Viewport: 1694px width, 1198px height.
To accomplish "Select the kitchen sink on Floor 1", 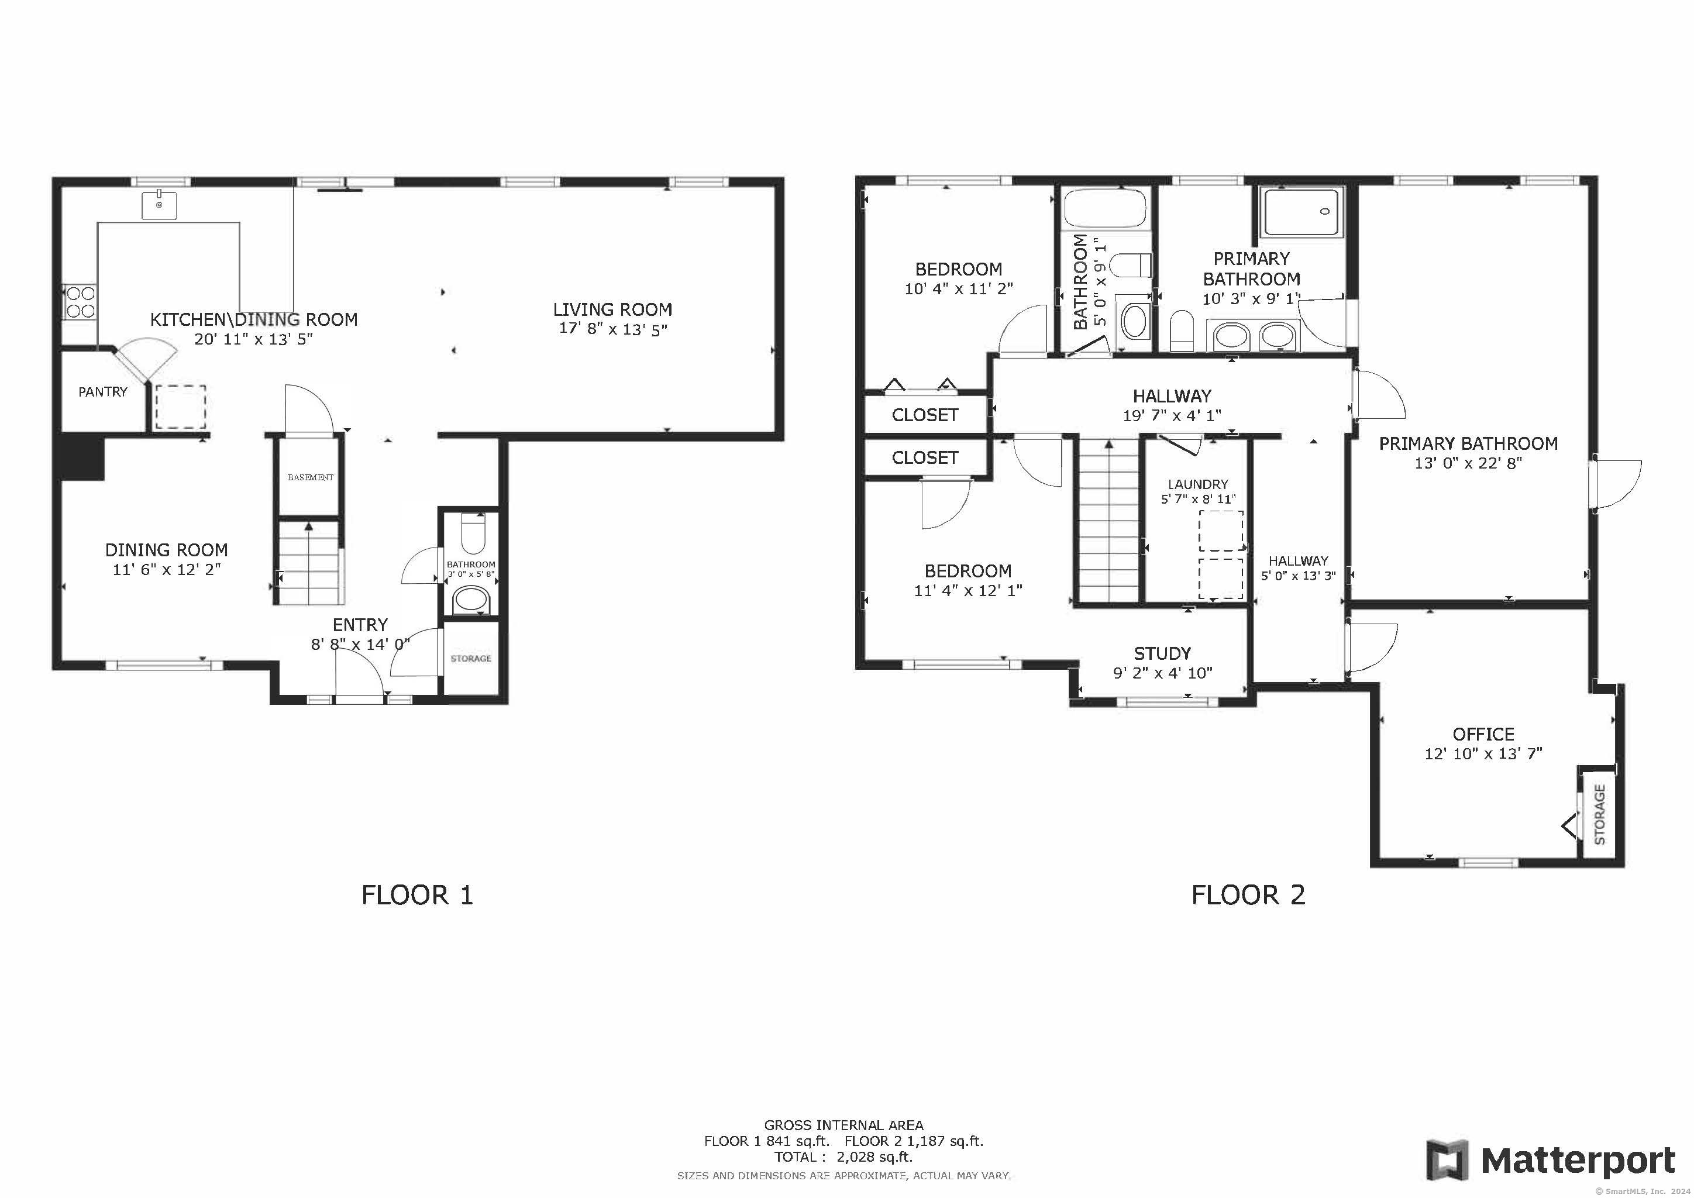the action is [159, 204].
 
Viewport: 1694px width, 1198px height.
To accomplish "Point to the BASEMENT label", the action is [310, 477].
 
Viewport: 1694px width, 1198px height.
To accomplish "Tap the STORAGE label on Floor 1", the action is [471, 658].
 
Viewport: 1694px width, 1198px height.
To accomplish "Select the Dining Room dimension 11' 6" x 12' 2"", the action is [167, 570].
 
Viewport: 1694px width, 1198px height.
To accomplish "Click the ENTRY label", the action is [360, 625].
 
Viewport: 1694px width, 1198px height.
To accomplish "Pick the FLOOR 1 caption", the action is [417, 896].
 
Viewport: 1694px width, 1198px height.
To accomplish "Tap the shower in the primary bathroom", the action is [1302, 212].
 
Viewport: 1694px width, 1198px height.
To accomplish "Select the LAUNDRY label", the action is [1198, 485].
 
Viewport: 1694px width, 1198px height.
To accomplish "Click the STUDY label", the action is [1162, 653].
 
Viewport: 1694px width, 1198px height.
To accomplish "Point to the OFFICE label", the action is [1483, 734].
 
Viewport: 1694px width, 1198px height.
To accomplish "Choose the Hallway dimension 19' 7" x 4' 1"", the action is [1172, 416].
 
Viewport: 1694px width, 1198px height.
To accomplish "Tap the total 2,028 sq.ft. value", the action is [874, 1156].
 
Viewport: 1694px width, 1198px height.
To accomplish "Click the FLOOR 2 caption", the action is [1248, 896].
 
